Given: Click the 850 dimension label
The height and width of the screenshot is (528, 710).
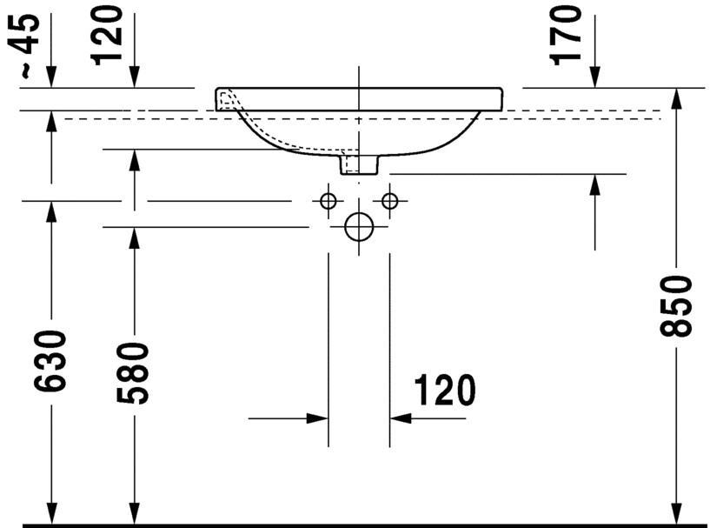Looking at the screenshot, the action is (x=676, y=306).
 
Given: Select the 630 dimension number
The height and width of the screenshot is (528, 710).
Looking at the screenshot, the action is (x=50, y=360).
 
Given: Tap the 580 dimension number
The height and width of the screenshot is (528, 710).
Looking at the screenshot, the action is (x=133, y=372).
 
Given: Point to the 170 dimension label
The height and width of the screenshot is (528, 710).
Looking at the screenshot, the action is (x=565, y=36).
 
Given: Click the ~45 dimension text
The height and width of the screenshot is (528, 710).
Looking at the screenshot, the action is (x=23, y=45).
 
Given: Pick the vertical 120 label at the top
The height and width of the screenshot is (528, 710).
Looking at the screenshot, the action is (x=106, y=35).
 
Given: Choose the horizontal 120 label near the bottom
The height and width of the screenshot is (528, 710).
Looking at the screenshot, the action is (x=445, y=391).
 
